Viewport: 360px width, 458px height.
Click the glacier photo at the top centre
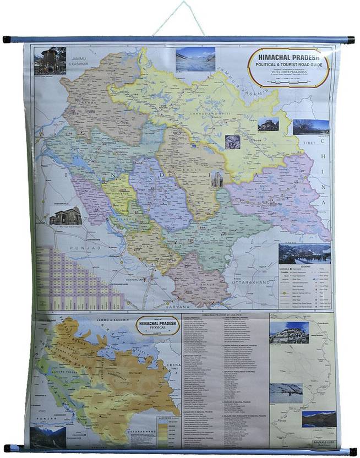coord(195,59)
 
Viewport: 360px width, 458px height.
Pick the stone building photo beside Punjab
coord(66,216)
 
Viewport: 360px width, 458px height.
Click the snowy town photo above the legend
coord(304,254)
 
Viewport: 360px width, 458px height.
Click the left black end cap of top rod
coord(7,40)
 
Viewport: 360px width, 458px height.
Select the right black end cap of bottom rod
coord(352,451)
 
